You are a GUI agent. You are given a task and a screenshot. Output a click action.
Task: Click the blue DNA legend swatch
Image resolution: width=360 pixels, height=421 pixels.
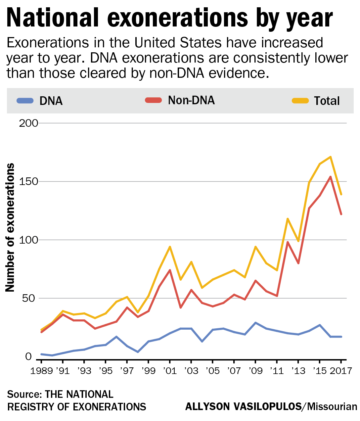pos(25,101)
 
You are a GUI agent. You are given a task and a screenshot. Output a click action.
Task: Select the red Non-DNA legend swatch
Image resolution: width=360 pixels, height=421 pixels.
pos(154,100)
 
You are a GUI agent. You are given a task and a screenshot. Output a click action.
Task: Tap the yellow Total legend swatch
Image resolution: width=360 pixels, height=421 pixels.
pos(300,101)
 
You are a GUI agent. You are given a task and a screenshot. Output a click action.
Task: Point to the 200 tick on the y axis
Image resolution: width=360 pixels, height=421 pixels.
pos(29,123)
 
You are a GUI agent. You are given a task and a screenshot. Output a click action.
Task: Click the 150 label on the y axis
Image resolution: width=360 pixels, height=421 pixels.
pos(29,182)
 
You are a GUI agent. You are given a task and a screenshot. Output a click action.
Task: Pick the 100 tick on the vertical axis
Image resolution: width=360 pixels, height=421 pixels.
pos(29,240)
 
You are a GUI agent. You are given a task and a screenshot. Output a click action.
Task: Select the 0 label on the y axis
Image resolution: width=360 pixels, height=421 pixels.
pos(28,356)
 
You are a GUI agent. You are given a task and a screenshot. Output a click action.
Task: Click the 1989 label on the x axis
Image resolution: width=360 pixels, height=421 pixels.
pos(41,370)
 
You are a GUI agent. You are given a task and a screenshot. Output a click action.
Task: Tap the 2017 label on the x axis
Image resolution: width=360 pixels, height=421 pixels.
pos(340,370)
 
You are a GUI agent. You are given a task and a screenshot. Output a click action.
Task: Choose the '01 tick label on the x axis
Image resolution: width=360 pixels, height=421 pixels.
pos(170,370)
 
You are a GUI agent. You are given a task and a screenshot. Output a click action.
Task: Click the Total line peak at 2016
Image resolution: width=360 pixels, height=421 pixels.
pos(330,157)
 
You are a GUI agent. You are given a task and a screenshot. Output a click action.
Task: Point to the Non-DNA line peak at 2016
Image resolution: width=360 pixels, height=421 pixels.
pos(330,177)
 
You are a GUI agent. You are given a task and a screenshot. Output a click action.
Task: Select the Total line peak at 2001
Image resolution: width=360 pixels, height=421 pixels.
pos(170,247)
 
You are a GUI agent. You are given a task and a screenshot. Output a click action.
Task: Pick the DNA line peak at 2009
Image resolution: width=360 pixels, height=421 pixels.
pos(255,323)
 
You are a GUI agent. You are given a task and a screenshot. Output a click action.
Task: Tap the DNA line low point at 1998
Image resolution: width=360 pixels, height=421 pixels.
pos(138,352)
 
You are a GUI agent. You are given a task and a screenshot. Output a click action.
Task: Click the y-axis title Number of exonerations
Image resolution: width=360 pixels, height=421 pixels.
pos(10,228)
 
